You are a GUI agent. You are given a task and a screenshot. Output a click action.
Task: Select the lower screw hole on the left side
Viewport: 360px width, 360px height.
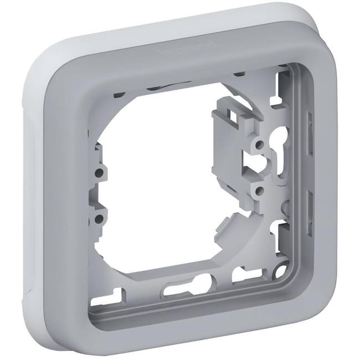tap(98, 219)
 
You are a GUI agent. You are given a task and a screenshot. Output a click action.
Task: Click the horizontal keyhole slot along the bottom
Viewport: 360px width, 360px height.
tap(186, 287)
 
